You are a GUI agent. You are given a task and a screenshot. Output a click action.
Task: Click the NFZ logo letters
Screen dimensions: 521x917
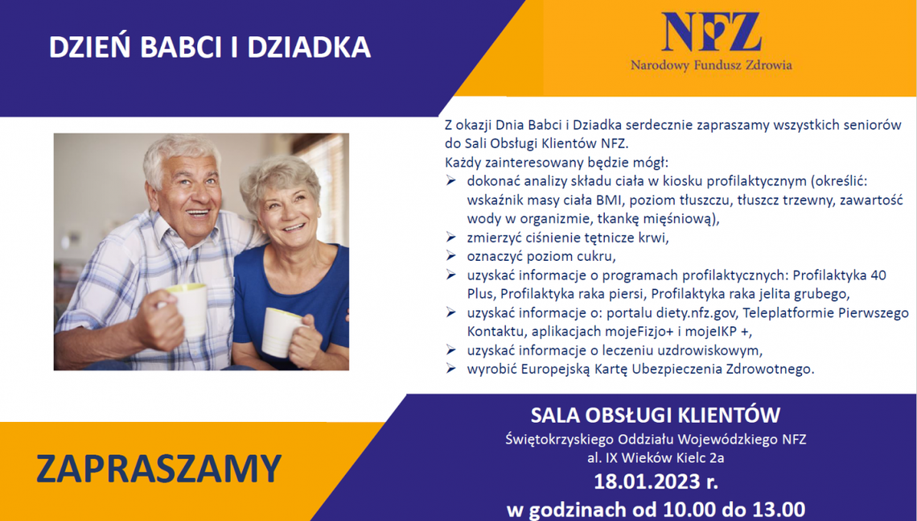coord(711,32)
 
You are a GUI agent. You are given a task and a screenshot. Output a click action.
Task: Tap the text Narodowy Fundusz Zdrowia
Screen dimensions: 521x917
coord(711,65)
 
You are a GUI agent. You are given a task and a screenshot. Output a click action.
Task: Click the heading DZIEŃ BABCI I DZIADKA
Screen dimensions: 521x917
coord(210,48)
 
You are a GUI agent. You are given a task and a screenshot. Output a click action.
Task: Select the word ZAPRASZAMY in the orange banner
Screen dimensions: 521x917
coord(158,469)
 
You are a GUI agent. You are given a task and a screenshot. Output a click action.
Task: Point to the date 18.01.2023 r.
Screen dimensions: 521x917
coord(656,483)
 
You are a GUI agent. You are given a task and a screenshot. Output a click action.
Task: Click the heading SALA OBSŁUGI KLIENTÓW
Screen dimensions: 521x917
coord(656,416)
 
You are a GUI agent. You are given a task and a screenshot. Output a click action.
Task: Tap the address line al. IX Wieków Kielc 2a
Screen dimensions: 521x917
coord(656,458)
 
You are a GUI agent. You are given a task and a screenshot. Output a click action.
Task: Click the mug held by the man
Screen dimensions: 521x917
coord(187,309)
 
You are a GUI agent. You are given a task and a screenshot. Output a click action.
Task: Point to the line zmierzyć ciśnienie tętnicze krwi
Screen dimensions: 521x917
coord(568,238)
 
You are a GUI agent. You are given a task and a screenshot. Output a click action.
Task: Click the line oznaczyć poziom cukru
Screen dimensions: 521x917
coord(541,257)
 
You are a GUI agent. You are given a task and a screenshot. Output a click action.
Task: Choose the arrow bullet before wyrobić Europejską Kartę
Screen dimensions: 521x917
coord(451,369)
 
